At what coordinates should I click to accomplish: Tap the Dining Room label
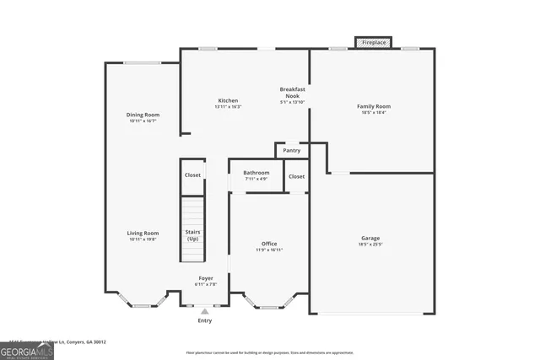[x=143, y=116]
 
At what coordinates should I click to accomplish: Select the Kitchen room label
[x=228, y=101]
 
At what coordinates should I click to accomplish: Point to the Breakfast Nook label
[x=293, y=92]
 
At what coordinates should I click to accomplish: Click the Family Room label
[x=374, y=106]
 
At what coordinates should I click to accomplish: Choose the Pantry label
[x=292, y=151]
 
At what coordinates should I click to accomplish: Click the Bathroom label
[x=256, y=173]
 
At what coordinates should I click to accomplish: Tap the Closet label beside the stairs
[x=192, y=175]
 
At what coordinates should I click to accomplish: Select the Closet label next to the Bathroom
[x=296, y=176]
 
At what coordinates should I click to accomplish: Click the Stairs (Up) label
[x=193, y=235]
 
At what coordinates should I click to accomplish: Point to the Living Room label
[x=143, y=234]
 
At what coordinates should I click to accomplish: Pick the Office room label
[x=269, y=244]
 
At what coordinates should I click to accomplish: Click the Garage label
[x=370, y=238]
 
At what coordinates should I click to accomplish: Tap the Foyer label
[x=206, y=278]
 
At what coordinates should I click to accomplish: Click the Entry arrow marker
[x=204, y=311]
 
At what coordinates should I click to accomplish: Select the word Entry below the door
[x=205, y=320]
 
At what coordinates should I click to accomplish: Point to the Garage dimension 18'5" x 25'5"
[x=370, y=245]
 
